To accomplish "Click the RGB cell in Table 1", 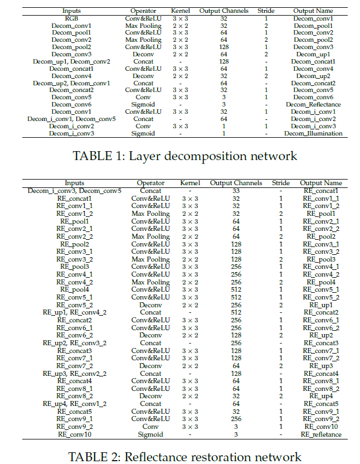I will [x=71, y=18].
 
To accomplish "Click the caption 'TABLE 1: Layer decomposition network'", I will [x=185, y=157].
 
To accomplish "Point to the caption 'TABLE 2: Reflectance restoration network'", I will [x=184, y=457].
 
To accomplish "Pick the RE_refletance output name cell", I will [x=320, y=434].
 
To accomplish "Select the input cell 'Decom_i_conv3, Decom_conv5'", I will [x=75, y=191].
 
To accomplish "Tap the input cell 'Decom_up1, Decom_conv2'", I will [x=71, y=61].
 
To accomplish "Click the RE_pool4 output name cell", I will [x=320, y=282].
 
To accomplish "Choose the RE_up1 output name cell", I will [x=320, y=305].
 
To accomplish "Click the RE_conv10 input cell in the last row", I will [x=75, y=434].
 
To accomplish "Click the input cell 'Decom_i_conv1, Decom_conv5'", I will [x=71, y=119].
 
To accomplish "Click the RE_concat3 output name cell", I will [x=320, y=343].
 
